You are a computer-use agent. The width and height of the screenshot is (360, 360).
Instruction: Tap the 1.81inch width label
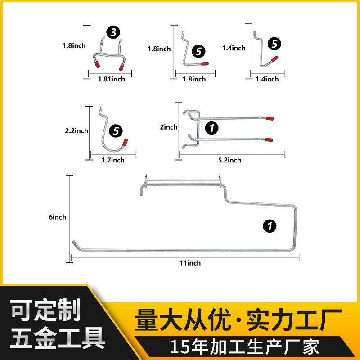[x=112, y=79]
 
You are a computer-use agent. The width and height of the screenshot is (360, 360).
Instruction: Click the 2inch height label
[x=169, y=127]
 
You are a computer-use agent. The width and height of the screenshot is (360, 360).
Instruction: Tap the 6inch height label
[x=57, y=217]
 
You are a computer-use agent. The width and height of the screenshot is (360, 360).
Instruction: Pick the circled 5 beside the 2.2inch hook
[x=117, y=131]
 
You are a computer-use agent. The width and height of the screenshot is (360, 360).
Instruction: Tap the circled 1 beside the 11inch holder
[x=270, y=226]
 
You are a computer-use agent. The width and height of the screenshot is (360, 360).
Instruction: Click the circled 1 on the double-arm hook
[x=211, y=128]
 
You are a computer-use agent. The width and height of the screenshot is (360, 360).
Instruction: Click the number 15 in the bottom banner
[x=179, y=347]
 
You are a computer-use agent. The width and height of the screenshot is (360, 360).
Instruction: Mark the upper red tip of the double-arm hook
[x=270, y=119]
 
